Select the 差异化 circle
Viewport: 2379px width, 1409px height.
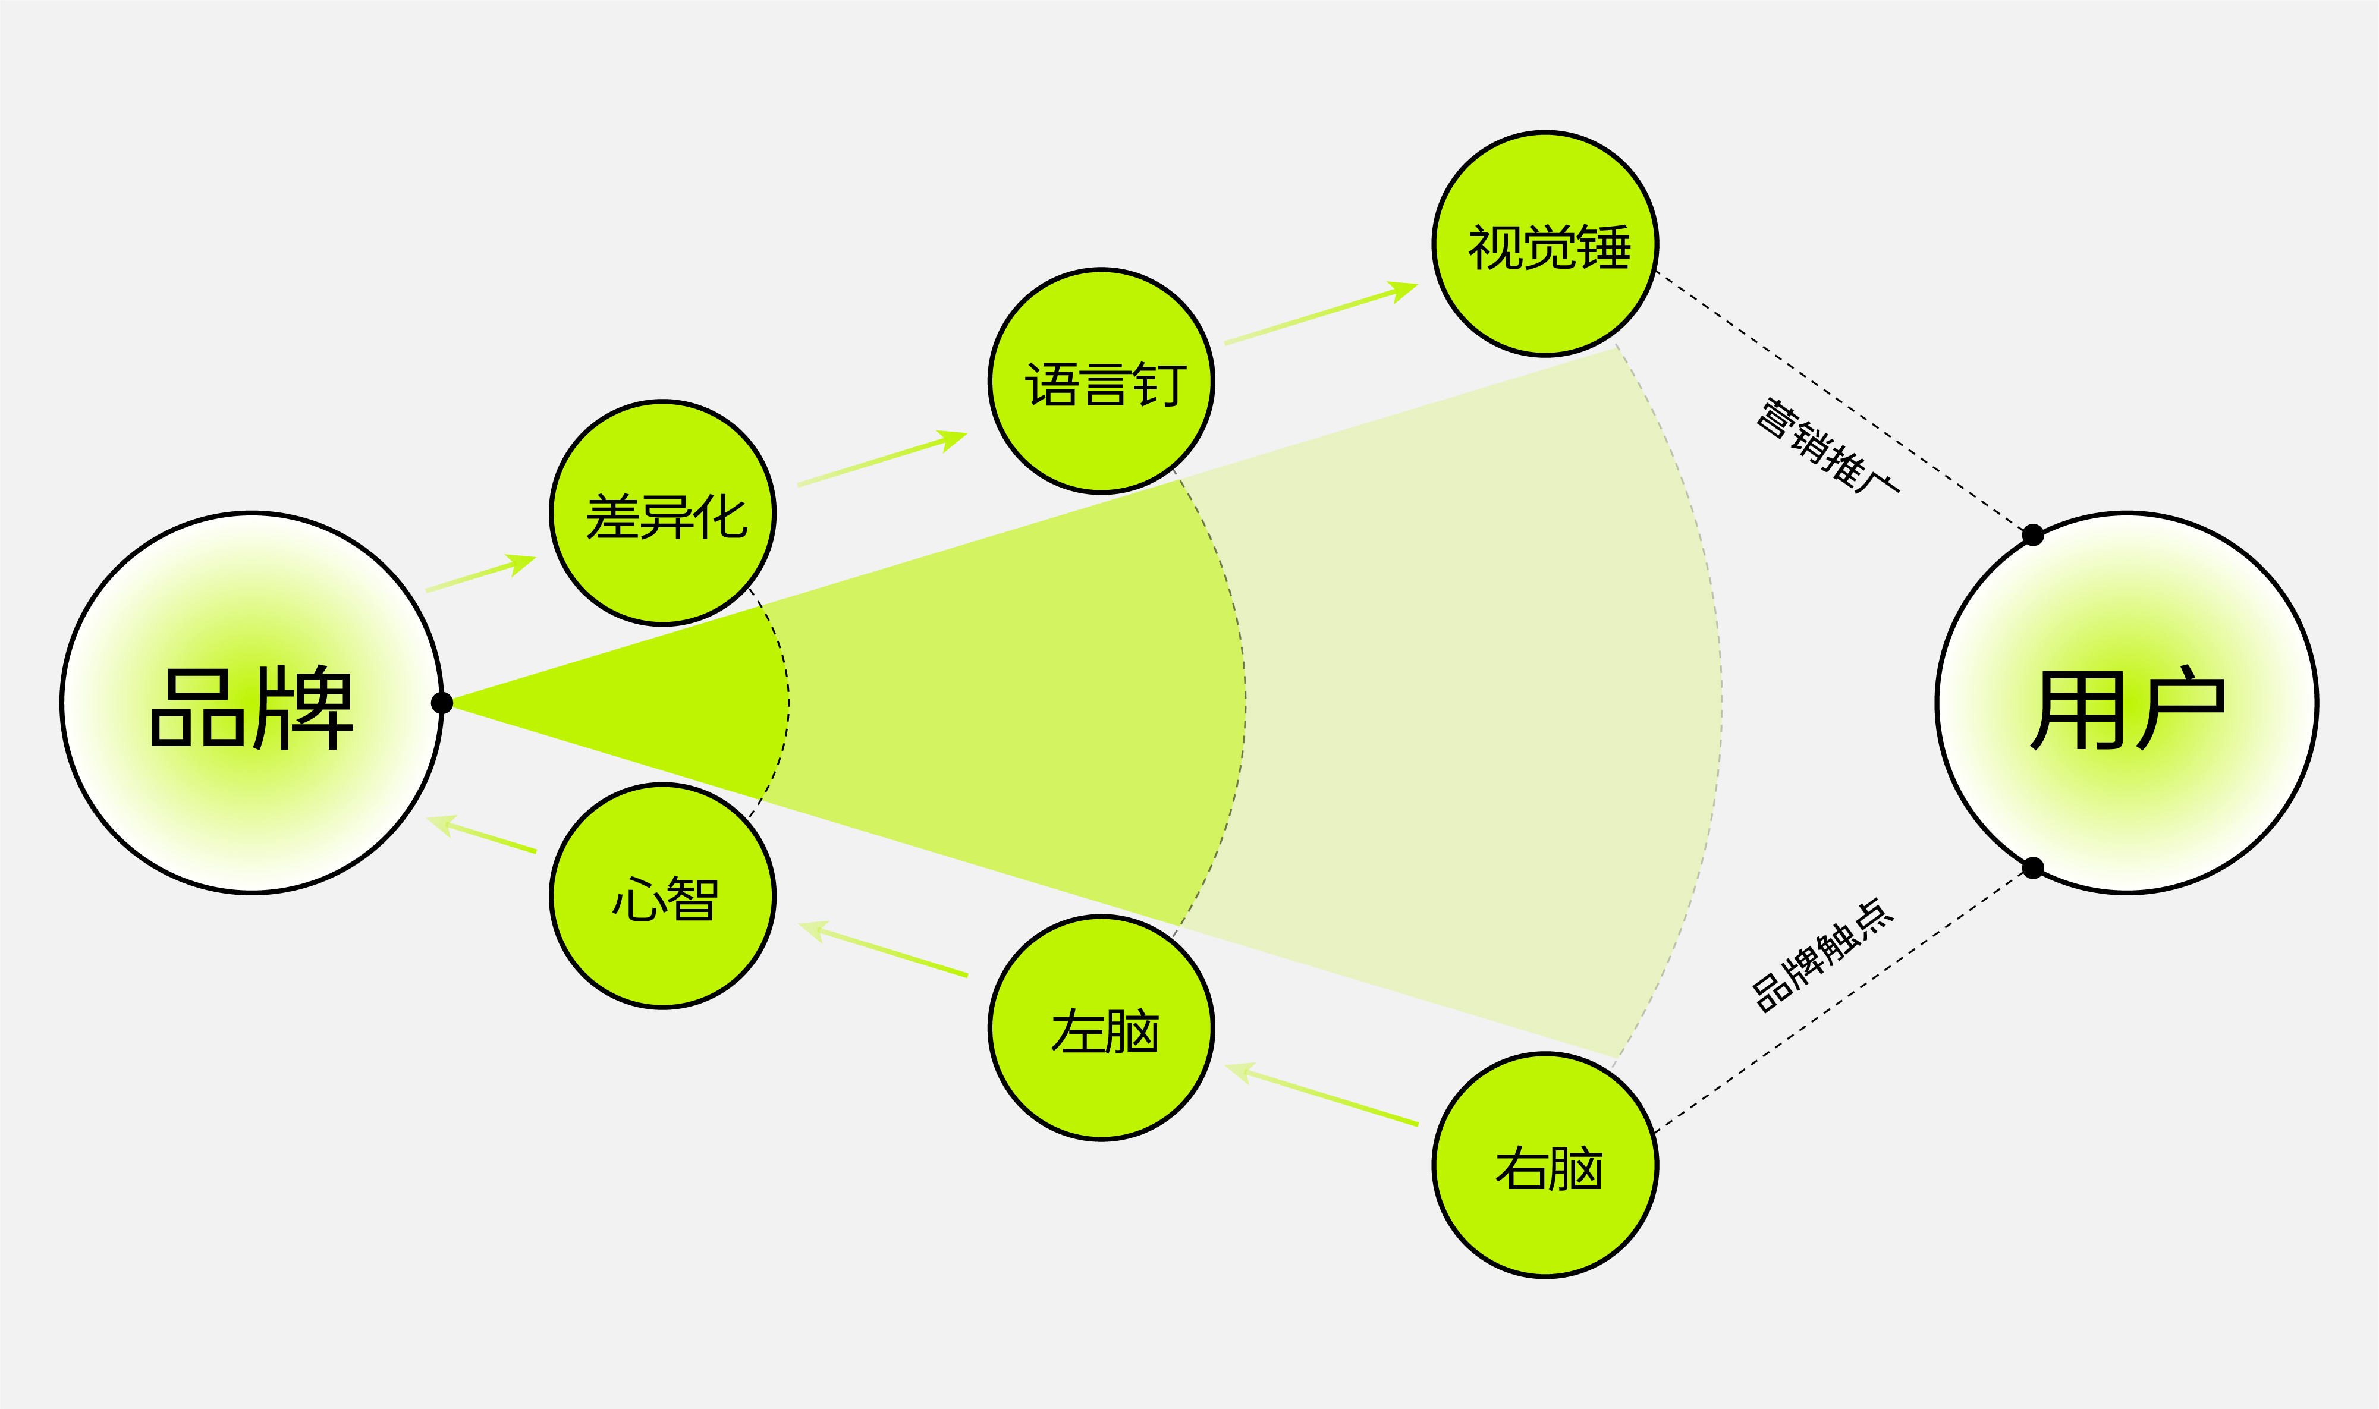pyautogui.click(x=662, y=514)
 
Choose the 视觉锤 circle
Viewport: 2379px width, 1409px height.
pyautogui.click(x=1545, y=244)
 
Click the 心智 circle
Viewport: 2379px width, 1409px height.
pyautogui.click(x=662, y=897)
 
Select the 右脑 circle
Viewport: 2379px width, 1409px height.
pyautogui.click(x=1545, y=1166)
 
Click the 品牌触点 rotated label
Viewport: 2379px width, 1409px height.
pyautogui.click(x=1822, y=956)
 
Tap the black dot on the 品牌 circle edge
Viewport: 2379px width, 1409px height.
pyautogui.click(x=441, y=703)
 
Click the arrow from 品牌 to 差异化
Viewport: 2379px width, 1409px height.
pyautogui.click(x=480, y=574)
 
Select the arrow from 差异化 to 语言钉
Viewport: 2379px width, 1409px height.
pyautogui.click(x=881, y=460)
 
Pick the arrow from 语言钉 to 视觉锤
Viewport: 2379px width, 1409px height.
pyautogui.click(x=1319, y=313)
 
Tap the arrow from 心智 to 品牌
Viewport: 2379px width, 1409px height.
pyautogui.click(x=482, y=835)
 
